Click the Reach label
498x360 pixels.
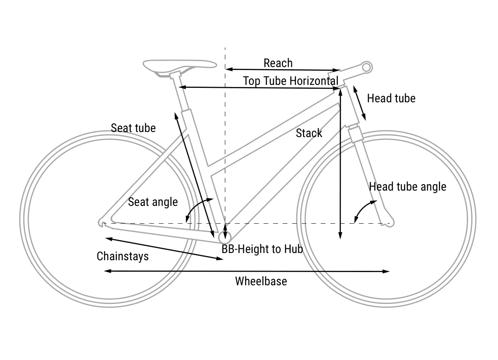(278, 63)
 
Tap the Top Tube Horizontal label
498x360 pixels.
(291, 81)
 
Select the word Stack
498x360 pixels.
(309, 133)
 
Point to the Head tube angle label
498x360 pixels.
(407, 187)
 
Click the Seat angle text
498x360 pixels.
(153, 202)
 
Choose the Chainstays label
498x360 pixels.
(123, 256)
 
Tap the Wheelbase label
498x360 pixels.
(261, 281)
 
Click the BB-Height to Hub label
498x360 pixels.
(262, 249)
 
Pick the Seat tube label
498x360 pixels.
(133, 128)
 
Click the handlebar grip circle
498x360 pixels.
(367, 67)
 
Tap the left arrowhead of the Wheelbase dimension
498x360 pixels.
(107, 271)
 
